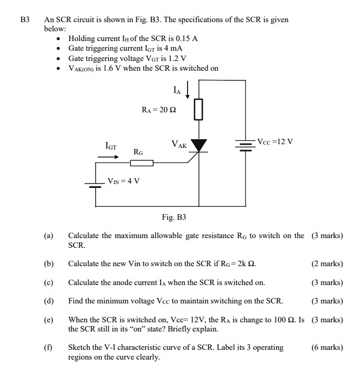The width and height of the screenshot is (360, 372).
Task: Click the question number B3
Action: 24,19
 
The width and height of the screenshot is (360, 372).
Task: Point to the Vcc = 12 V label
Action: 276,142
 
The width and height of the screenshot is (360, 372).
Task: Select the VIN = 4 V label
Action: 124,181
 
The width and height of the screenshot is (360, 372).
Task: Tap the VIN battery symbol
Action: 95,185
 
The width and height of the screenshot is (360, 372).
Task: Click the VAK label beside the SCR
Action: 179,145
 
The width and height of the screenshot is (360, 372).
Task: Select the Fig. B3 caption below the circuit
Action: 174,217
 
